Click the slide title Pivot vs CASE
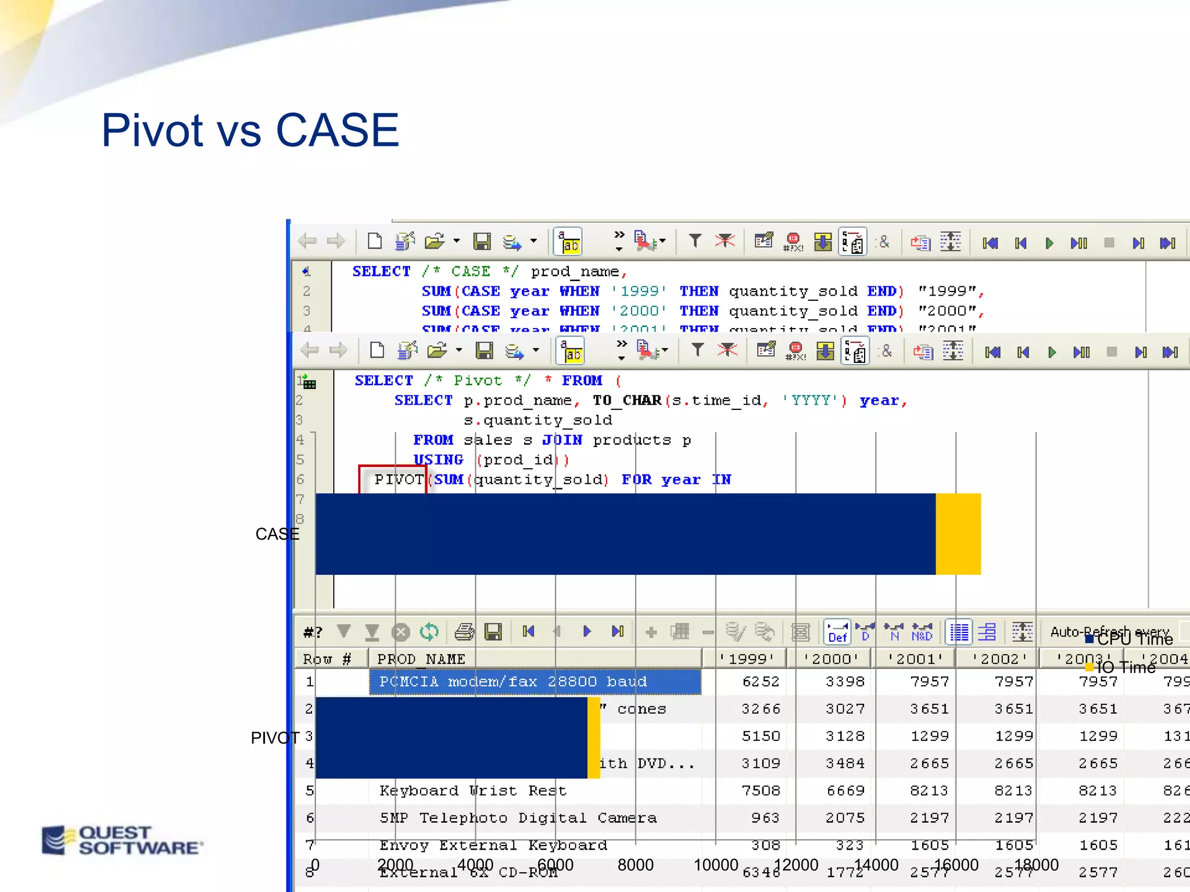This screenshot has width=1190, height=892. coord(250,130)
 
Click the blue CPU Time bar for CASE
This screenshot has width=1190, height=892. coord(625,534)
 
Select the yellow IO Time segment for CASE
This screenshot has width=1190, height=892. coord(958,534)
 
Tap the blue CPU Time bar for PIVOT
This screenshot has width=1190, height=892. coord(451,738)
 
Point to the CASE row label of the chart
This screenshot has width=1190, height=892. coord(277,534)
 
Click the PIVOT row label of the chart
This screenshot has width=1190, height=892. coord(274,738)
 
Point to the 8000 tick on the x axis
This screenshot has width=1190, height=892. coord(635,865)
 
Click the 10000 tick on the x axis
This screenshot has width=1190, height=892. coord(715,865)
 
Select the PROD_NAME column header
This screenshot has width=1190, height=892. coord(421,659)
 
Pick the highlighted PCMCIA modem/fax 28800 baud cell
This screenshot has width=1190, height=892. coord(535,682)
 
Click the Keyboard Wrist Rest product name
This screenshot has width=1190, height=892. coord(472,791)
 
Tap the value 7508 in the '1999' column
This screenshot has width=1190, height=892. coord(761,791)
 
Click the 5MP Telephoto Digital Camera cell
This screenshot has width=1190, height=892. coord(518,818)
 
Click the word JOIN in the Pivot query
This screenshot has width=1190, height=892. coord(562,440)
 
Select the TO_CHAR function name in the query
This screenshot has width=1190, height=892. coord(627,401)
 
